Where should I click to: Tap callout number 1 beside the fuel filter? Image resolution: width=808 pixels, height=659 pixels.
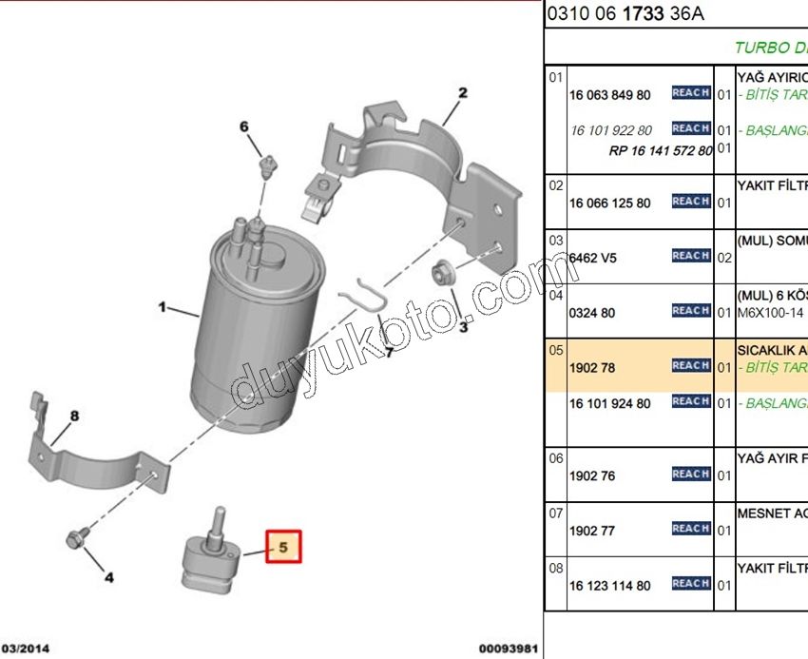coord(163,307)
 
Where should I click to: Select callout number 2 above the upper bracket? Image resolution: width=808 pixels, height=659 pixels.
coord(463,93)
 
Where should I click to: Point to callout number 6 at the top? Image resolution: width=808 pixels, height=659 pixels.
coord(243,126)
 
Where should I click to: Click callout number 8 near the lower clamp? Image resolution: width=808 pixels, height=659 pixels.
coord(74,416)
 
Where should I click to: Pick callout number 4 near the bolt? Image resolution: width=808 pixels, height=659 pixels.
coord(108,576)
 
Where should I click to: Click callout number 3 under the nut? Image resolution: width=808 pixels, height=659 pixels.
coord(463,327)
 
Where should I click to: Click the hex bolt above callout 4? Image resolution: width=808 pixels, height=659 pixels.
coord(75,537)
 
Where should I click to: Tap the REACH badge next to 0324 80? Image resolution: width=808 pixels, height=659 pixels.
coord(691,311)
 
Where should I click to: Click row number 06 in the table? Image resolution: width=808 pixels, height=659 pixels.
coord(556,458)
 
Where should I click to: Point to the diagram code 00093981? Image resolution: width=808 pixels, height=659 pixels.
coord(509,649)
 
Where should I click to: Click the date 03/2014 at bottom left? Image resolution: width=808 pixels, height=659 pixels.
coord(26,649)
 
